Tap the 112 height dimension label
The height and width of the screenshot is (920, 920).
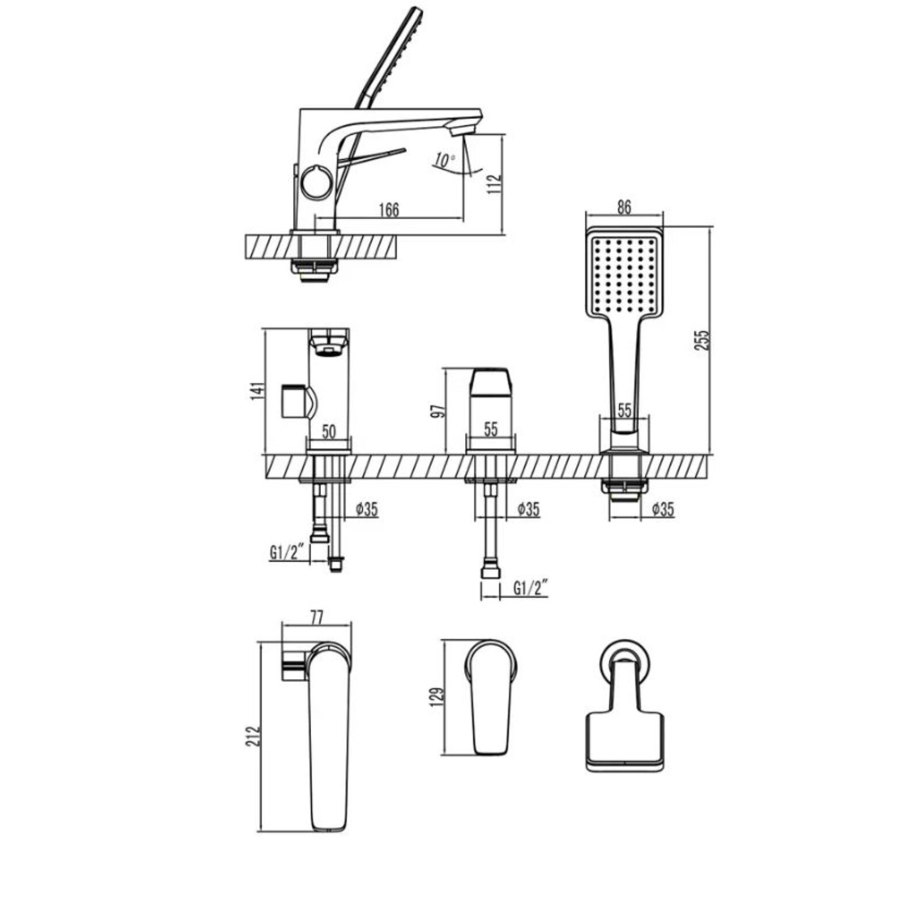click(494, 184)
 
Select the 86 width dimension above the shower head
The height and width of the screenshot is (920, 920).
click(624, 206)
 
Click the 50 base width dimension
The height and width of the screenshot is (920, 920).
click(328, 431)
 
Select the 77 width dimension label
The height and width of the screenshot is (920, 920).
click(317, 618)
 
